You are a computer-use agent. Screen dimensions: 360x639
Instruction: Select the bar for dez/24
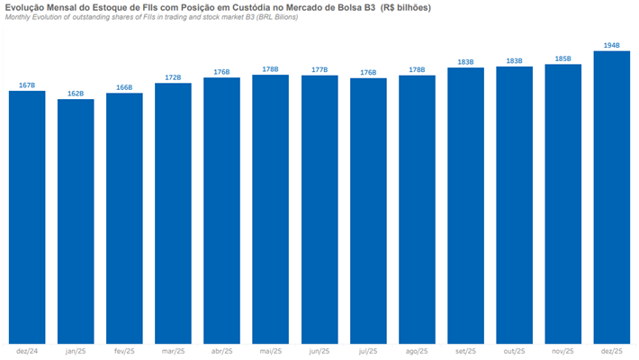[27, 216]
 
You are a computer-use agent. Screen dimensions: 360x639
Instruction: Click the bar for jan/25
[76, 220]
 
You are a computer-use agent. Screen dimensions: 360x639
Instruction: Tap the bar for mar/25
[173, 212]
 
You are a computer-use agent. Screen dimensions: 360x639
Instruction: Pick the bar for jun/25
[319, 209]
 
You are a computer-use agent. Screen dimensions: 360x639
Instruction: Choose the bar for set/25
[465, 205]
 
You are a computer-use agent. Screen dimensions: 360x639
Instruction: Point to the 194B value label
[612, 44]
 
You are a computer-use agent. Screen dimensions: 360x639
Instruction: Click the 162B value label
[76, 93]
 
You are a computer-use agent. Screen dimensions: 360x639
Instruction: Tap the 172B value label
[173, 77]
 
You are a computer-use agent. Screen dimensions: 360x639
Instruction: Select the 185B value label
[563, 58]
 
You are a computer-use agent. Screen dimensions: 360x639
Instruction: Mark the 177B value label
[319, 69]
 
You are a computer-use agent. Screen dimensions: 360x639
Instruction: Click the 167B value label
[27, 85]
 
